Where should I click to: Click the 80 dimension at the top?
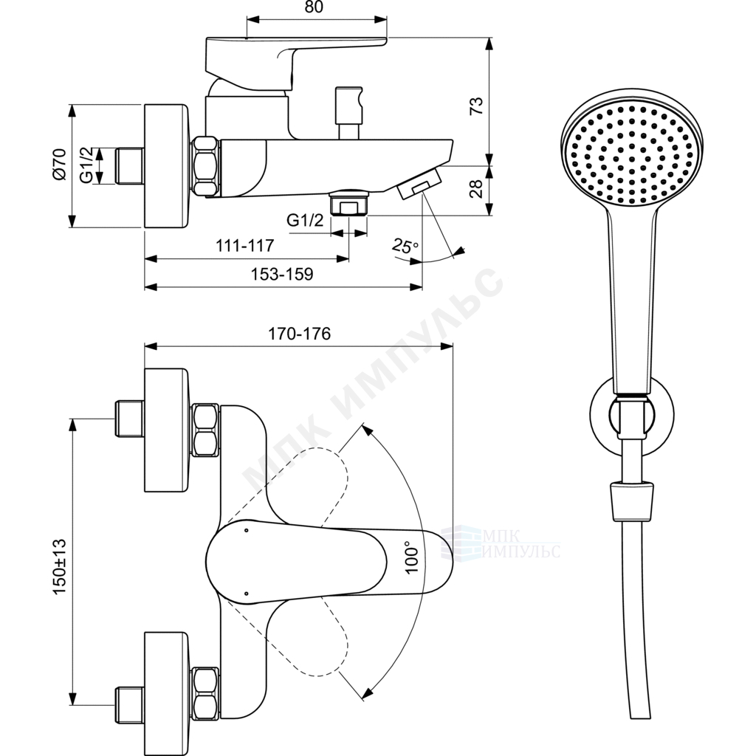click(x=314, y=7)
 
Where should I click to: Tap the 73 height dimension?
click(x=476, y=106)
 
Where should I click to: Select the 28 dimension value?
click(x=476, y=188)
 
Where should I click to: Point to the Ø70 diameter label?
click(x=59, y=165)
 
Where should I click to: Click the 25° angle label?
click(x=405, y=246)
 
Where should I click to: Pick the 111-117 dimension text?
click(x=244, y=245)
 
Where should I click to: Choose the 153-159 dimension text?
click(x=282, y=274)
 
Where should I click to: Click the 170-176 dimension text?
click(x=300, y=334)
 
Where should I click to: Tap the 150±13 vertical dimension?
click(x=59, y=566)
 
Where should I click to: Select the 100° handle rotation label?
click(x=411, y=557)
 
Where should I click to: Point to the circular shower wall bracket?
click(x=632, y=415)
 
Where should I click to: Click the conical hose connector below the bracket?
click(x=632, y=501)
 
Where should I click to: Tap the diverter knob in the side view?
click(x=349, y=113)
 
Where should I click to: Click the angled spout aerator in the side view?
click(x=419, y=184)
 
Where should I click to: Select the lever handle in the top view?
click(x=329, y=562)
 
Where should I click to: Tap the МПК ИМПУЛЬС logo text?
click(x=520, y=543)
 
